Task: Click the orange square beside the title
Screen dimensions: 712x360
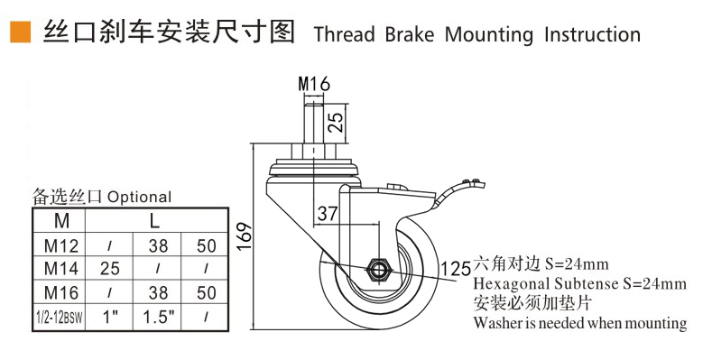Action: point(20,32)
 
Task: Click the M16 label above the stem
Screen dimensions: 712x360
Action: point(314,84)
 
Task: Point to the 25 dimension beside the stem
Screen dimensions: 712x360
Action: point(336,122)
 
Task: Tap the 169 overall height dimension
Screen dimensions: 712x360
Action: point(245,235)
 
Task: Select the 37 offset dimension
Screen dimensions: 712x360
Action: point(328,213)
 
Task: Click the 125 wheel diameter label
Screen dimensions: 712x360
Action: point(456,269)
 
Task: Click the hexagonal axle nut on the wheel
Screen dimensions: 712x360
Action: point(377,270)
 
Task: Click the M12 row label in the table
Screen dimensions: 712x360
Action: point(61,245)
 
